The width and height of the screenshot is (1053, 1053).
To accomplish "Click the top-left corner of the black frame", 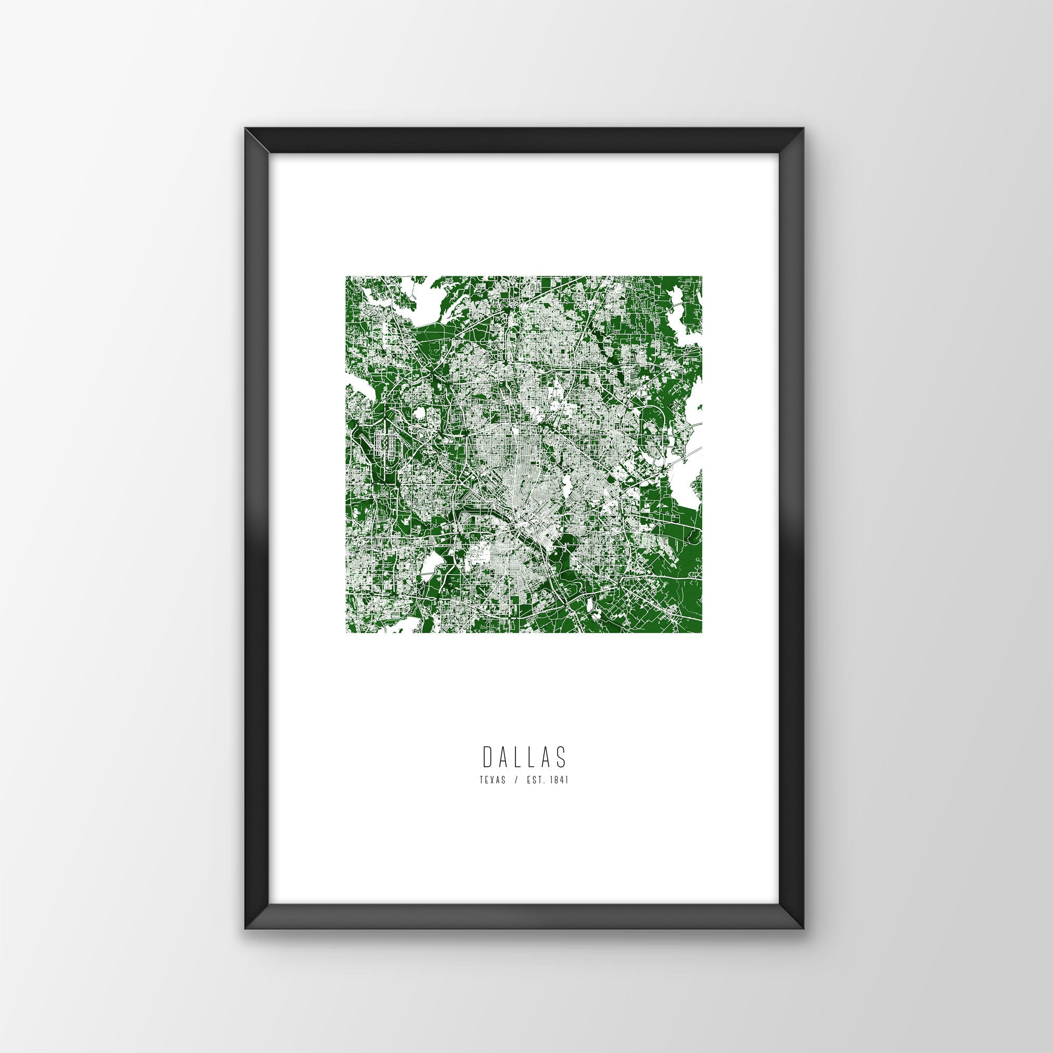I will (x=246, y=144).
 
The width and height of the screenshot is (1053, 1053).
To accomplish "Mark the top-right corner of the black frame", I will (x=804, y=144).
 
